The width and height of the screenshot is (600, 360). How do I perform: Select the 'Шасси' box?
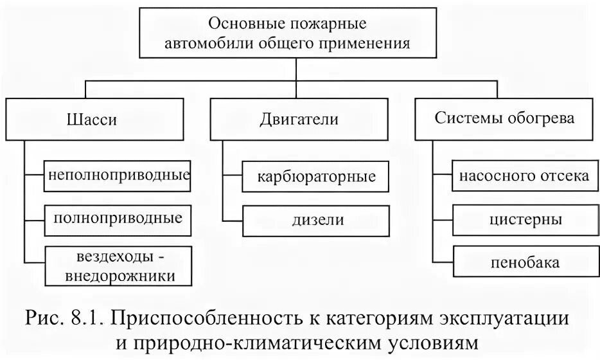[91, 120]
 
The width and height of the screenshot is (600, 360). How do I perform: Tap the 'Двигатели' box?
[299, 120]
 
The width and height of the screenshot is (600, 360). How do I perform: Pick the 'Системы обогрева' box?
[504, 120]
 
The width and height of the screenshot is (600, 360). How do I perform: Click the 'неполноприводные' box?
[118, 175]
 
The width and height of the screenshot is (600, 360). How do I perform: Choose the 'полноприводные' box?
[118, 219]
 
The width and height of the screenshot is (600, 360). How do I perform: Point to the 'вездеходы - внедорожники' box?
[118, 265]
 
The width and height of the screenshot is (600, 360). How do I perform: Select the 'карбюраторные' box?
[315, 176]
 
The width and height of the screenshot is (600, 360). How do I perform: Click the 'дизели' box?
[315, 220]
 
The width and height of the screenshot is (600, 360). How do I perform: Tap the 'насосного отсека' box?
[521, 176]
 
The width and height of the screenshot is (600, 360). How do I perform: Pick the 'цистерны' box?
[521, 220]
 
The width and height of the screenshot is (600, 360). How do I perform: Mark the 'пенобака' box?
[521, 262]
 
